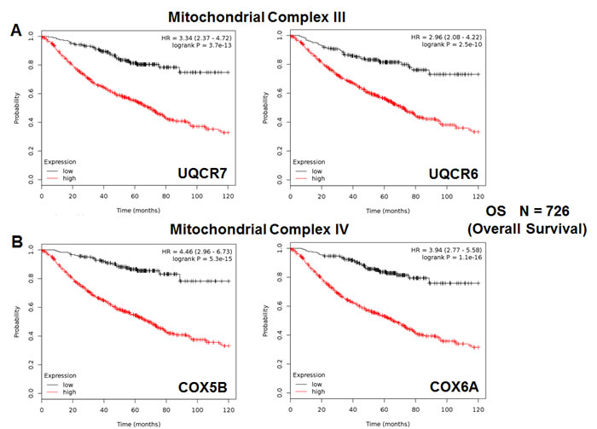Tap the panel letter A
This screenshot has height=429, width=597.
coord(15,31)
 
